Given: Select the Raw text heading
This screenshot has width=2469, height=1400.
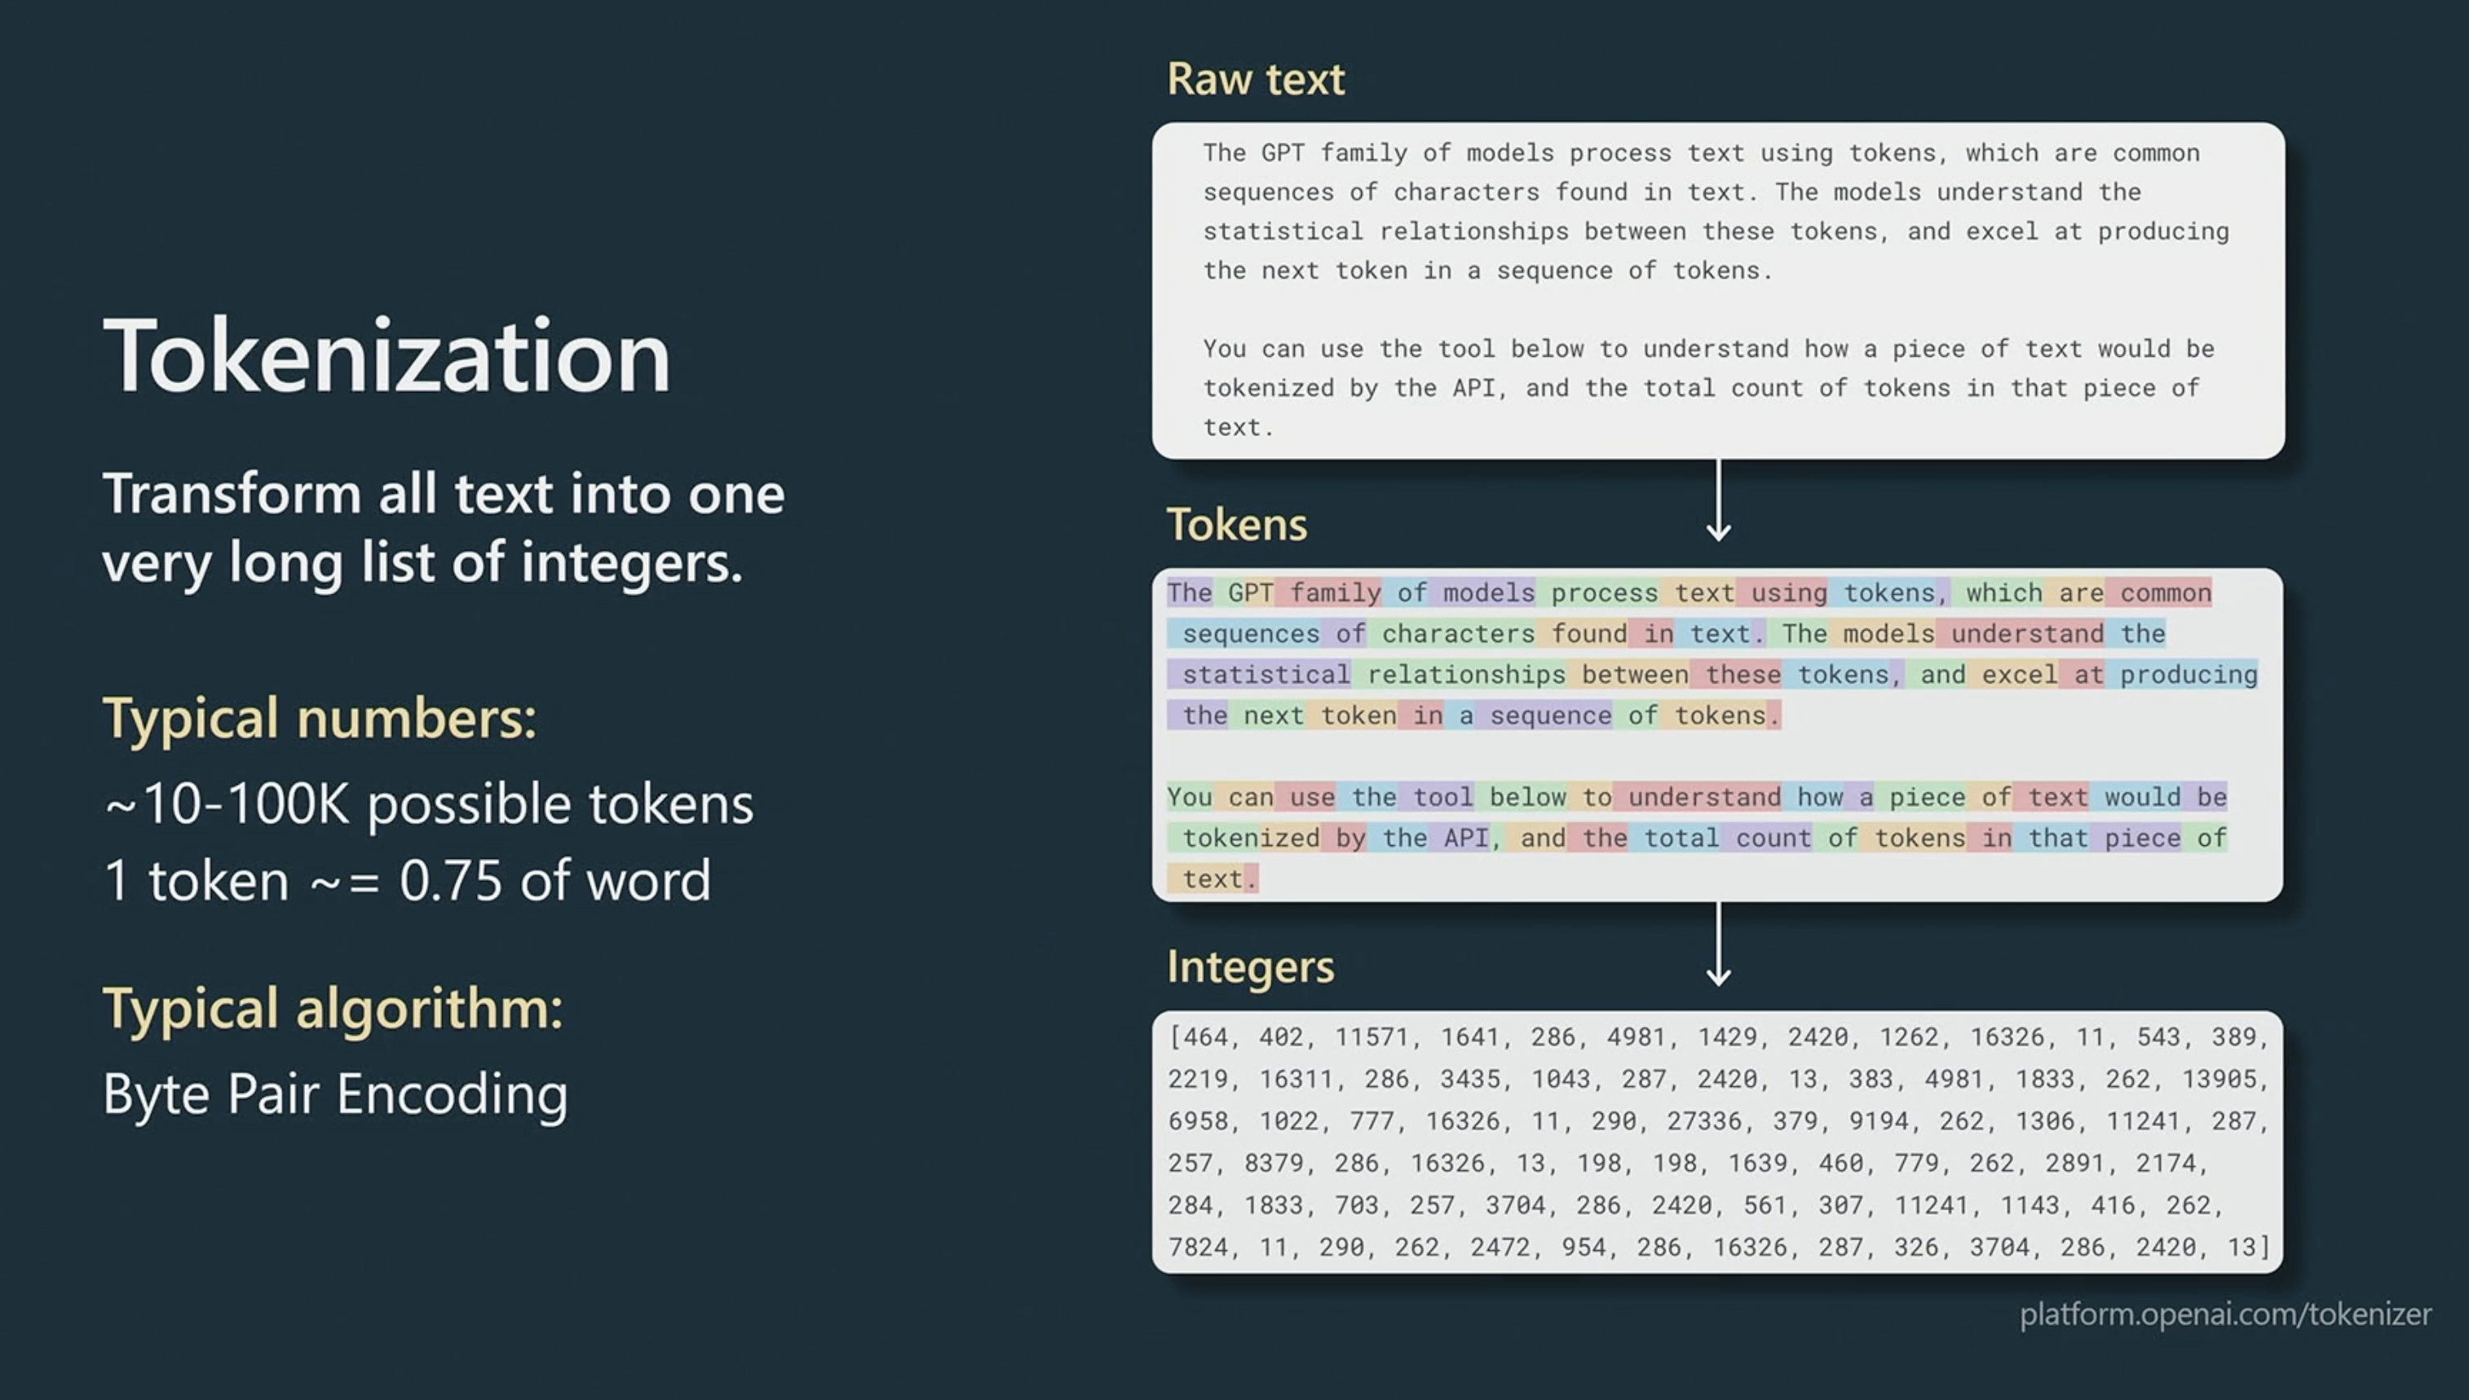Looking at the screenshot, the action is coord(1255,79).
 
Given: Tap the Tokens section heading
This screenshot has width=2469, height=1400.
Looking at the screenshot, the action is coord(1237,525).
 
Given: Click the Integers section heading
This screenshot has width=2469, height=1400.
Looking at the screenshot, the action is coord(1250,966).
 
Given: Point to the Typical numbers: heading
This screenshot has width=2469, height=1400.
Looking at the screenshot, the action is coord(320,718).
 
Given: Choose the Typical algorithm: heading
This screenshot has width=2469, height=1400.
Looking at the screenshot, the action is coord(333,1009).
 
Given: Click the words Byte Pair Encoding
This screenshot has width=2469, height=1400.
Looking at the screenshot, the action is coord(334,1094).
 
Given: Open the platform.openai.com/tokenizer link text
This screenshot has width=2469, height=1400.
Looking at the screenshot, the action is coord(2224,1314).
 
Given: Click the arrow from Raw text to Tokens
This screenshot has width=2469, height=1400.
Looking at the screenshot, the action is coord(1719,500).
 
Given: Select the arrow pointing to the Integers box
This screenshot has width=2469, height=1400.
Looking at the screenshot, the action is coord(1719,944).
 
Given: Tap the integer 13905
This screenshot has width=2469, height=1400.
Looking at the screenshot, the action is coord(2219,1079).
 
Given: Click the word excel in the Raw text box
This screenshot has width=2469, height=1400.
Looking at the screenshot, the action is coord(2002,231).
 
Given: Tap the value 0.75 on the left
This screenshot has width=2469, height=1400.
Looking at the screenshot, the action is coord(450,881).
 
